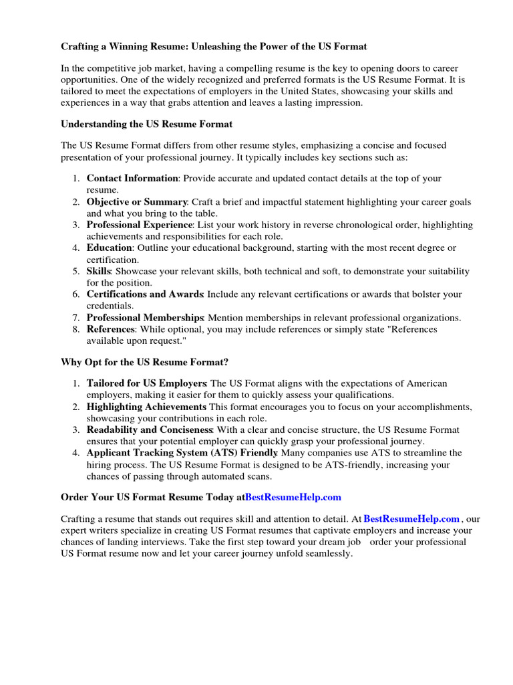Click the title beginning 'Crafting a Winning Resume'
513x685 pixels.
tap(214, 47)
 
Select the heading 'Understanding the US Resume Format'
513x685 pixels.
tap(147, 124)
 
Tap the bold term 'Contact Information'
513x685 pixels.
tap(132, 179)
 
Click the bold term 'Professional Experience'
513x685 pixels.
tap(140, 225)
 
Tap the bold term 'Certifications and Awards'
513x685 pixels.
tap(145, 294)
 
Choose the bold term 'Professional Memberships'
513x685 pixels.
tap(145, 317)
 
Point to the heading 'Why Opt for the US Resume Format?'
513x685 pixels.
tap(145, 362)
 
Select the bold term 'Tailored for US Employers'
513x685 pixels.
tap(146, 383)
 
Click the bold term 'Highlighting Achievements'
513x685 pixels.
tap(146, 407)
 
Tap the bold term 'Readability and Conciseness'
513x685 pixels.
tap(150, 429)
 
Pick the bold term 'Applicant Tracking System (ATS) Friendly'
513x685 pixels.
tap(182, 453)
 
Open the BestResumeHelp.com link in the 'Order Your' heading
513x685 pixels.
tap(293, 497)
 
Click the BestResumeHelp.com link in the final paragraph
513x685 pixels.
tap(411, 518)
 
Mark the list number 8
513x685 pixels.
tap(76, 329)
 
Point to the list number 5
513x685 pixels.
tap(76, 271)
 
